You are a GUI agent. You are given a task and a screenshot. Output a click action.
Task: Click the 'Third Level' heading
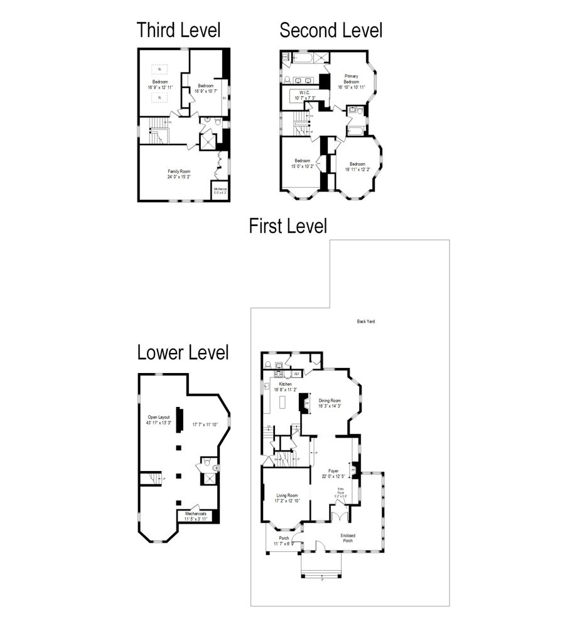(x=179, y=30)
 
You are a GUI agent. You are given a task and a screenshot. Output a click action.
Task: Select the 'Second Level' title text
(x=330, y=30)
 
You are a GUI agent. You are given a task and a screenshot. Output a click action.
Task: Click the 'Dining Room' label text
(x=330, y=400)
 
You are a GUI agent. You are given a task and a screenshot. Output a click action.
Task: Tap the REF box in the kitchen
(x=296, y=374)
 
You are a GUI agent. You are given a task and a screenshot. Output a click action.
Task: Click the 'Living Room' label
(x=287, y=496)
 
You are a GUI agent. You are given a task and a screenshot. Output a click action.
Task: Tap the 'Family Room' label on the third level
(x=179, y=171)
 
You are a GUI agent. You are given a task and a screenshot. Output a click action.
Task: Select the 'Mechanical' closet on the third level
(x=220, y=190)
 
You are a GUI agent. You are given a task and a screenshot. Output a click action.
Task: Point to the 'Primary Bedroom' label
(x=351, y=78)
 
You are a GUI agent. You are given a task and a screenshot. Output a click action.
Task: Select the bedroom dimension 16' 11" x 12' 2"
(x=357, y=166)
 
